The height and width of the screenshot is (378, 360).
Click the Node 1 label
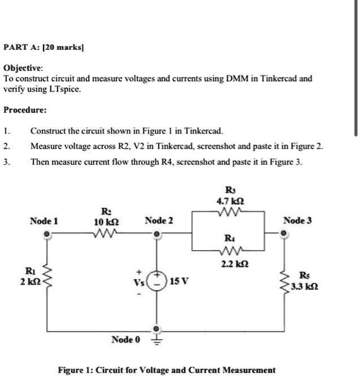click(45, 221)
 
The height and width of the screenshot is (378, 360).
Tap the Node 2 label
click(159, 220)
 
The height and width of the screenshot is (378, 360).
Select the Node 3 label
click(297, 220)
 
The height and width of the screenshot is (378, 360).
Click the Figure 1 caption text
click(167, 370)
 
